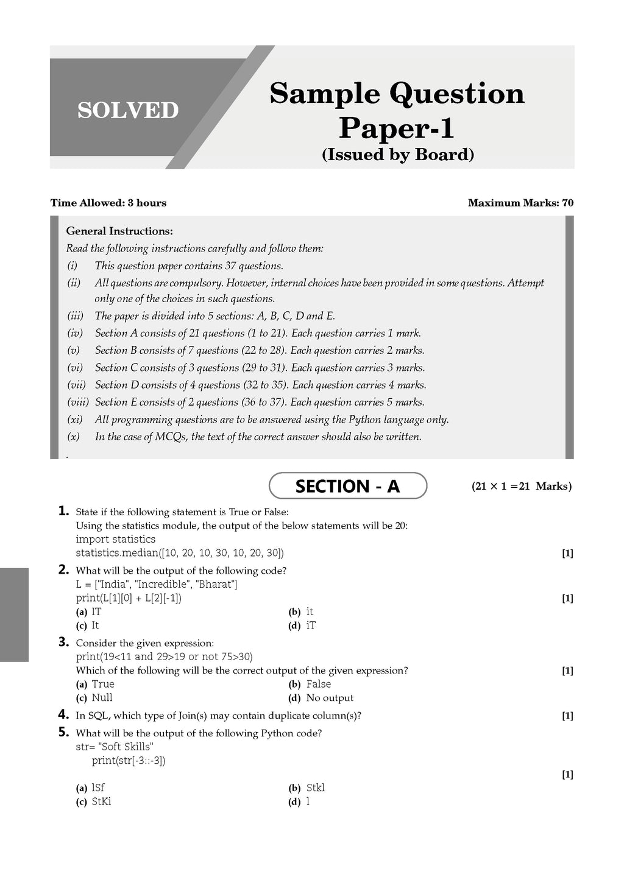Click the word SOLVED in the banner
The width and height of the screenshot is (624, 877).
pos(128,110)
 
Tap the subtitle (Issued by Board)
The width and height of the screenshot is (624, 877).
pos(397,155)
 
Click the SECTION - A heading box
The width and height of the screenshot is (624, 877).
pos(347,486)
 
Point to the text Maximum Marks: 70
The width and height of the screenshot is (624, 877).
pos(520,203)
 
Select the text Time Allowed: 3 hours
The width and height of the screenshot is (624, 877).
pos(108,203)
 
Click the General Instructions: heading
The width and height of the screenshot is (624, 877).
pos(119,231)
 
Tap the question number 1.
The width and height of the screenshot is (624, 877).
pos(63,511)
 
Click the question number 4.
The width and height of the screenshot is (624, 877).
pos(63,714)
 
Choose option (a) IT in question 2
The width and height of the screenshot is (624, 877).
pos(89,611)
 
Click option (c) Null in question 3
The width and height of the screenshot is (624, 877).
pos(94,698)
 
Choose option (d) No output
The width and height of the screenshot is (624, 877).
pos(321,698)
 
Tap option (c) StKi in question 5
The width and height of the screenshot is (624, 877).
pos(94,801)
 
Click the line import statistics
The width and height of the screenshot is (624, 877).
pos(116,539)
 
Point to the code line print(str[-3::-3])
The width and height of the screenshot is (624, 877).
pos(129,761)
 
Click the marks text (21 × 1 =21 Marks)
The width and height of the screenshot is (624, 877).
pos(522,487)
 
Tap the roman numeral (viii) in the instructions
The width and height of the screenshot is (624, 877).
pos(78,402)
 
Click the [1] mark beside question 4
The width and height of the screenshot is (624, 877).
pos(567,716)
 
